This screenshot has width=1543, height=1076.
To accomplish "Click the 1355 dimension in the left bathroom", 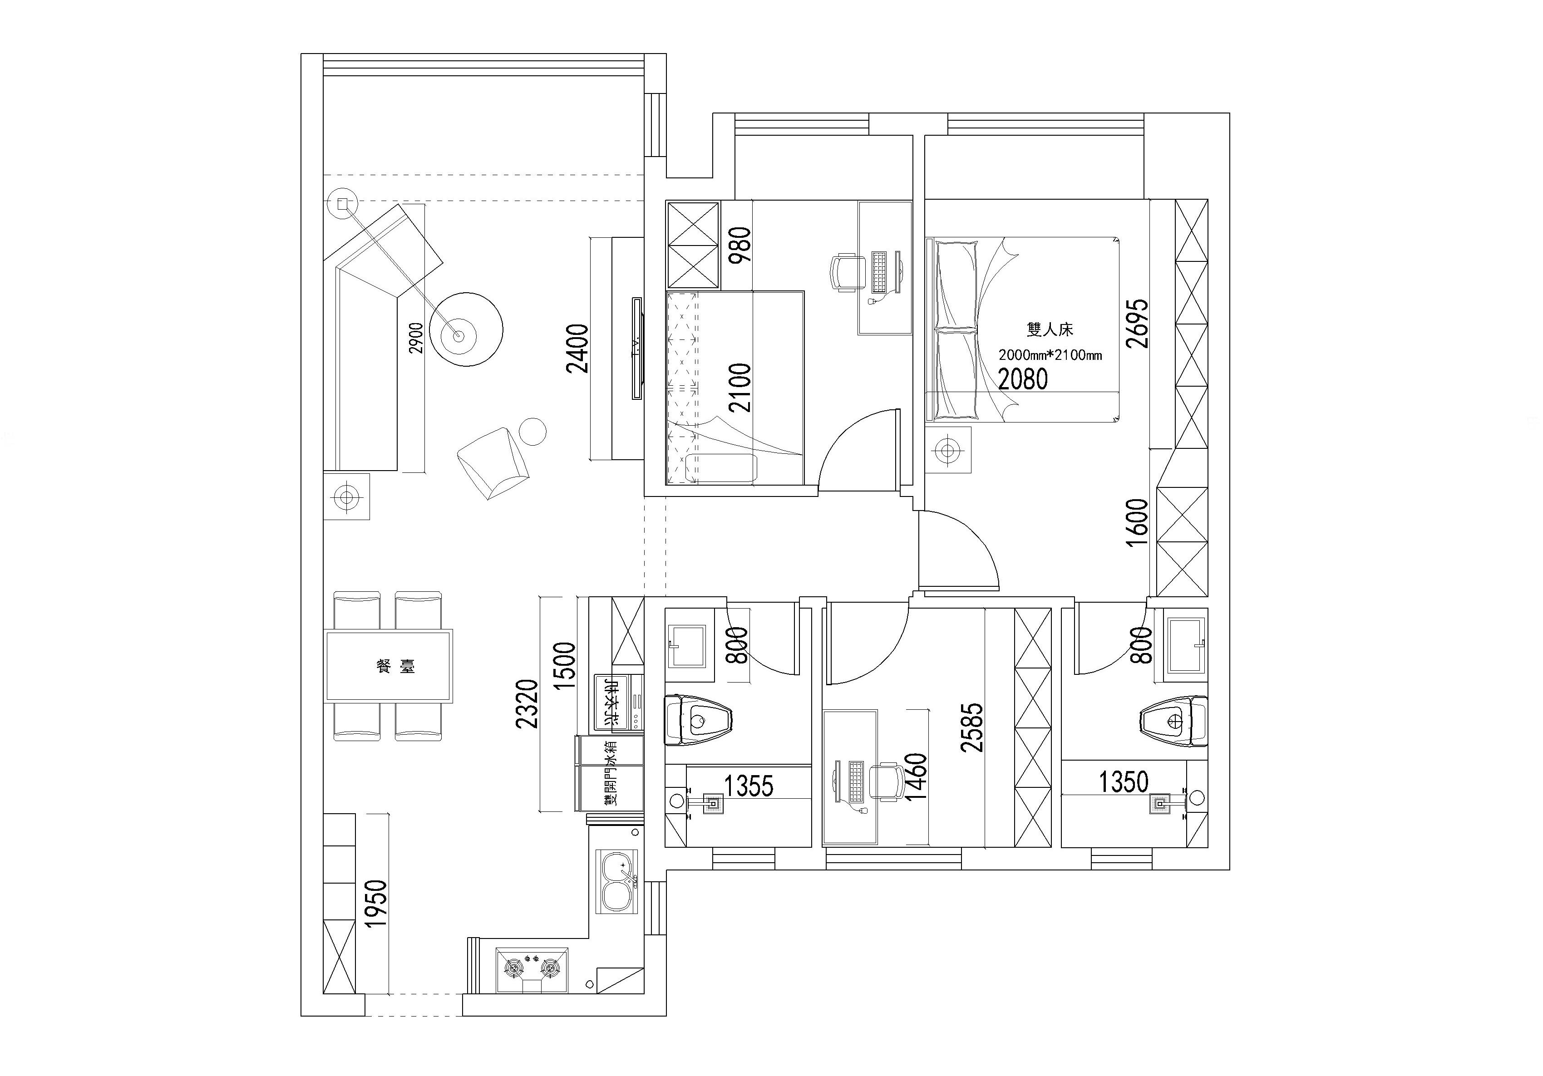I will pyautogui.click(x=749, y=786).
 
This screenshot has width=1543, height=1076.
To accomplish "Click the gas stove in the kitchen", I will pyautogui.click(x=532, y=968).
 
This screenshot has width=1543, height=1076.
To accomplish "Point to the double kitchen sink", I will pyautogui.click(x=616, y=882).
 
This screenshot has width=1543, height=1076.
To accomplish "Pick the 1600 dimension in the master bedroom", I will pyautogui.click(x=1137, y=522).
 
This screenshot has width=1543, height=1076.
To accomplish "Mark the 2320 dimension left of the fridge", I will pyautogui.click(x=527, y=704).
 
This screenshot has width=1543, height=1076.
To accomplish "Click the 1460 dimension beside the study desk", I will pyautogui.click(x=916, y=776).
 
